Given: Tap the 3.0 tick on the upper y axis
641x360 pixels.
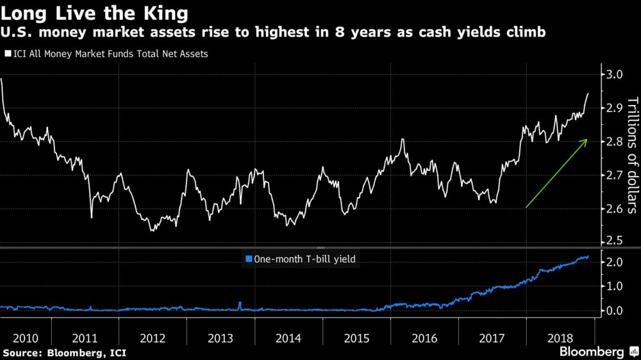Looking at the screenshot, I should click(x=613, y=74).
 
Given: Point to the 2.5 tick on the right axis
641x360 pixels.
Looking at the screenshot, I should click(x=613, y=240).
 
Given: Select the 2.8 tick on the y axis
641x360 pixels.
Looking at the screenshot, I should click(x=613, y=142).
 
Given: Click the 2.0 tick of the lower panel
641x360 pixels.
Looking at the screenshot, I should click(x=613, y=262).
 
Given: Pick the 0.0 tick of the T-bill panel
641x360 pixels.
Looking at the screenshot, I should click(x=613, y=311).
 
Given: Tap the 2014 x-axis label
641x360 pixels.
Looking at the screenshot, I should click(x=288, y=338).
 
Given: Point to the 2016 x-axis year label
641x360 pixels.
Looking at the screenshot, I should click(x=424, y=338).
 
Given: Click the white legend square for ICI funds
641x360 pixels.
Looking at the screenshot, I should click(x=8, y=54).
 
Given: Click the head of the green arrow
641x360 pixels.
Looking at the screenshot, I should click(x=587, y=139).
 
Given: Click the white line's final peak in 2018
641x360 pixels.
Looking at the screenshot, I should click(x=588, y=94).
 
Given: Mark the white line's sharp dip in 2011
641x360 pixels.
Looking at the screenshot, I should click(x=92, y=218).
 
